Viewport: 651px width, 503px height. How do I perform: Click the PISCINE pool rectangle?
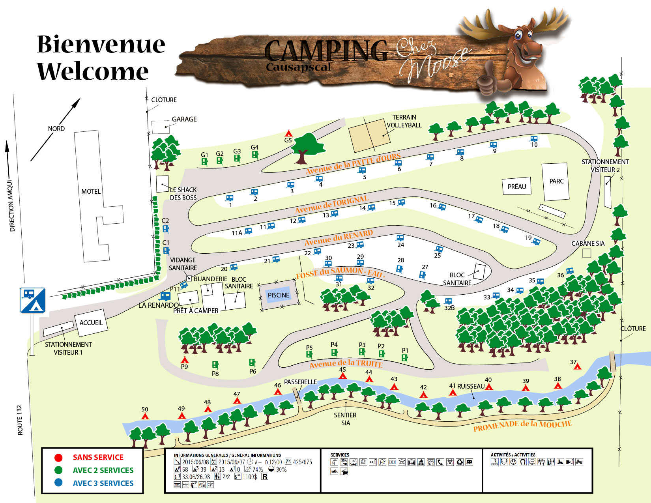pyautogui.click(x=279, y=295)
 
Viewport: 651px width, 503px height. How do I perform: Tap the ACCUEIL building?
pyautogui.click(x=91, y=322)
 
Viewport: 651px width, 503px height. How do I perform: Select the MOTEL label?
pyautogui.click(x=91, y=191)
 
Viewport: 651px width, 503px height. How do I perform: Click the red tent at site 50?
pyautogui.click(x=145, y=416)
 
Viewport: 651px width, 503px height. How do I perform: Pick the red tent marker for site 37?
pyautogui.click(x=577, y=366)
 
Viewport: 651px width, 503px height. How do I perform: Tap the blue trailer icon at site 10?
pyautogui.click(x=534, y=139)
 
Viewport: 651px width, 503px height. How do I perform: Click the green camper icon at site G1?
pyautogui.click(x=204, y=161)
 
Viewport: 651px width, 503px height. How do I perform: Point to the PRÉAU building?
pyautogui.click(x=516, y=187)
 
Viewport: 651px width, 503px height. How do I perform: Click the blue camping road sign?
pyautogui.click(x=32, y=300)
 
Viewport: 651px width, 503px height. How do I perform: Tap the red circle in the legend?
pyautogui.click(x=58, y=457)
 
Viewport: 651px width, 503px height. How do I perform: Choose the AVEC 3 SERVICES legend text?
pyautogui.click(x=103, y=483)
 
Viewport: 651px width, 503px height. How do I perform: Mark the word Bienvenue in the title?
pyautogui.click(x=101, y=44)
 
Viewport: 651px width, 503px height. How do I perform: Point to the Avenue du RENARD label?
pyautogui.click(x=339, y=237)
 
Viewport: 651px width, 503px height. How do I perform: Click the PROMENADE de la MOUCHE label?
pyautogui.click(x=522, y=426)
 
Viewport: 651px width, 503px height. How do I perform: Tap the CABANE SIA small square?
pyautogui.click(x=587, y=253)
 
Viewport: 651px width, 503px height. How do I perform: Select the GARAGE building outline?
pyautogui.click(x=160, y=127)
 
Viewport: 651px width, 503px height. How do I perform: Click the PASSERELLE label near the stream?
pyautogui.click(x=300, y=382)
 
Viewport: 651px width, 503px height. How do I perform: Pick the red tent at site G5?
pyautogui.click(x=289, y=133)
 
